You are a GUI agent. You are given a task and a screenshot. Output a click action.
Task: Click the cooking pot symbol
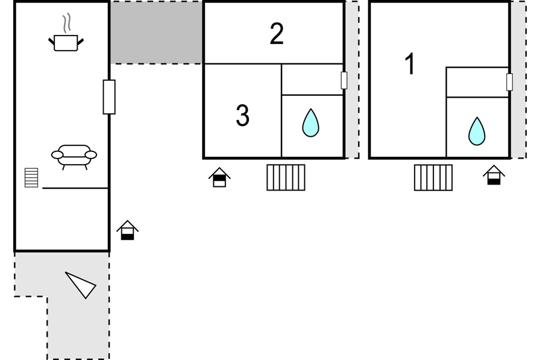(x=66, y=43)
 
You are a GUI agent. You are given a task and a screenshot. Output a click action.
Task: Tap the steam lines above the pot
(x=67, y=23)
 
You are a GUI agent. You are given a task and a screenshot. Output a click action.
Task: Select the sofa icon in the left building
(x=74, y=157)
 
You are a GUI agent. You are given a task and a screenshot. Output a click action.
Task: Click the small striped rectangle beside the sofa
(x=31, y=178)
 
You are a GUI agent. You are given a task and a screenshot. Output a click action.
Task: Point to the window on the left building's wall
(x=109, y=97)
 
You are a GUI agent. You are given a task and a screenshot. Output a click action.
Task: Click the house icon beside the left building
(x=127, y=230)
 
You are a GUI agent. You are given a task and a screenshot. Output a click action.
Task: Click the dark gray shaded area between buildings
(x=156, y=33)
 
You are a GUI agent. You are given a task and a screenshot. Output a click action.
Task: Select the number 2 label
(x=277, y=34)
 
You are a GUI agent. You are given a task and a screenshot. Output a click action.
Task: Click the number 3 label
(x=242, y=115)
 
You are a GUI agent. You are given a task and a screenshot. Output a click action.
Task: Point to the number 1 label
(x=409, y=64)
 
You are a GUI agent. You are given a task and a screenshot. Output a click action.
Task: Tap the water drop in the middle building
(x=310, y=123)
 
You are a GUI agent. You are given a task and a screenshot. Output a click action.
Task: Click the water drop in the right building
(x=477, y=131)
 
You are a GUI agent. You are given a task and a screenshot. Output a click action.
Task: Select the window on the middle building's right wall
(x=344, y=80)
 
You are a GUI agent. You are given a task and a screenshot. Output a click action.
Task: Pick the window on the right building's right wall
(x=510, y=82)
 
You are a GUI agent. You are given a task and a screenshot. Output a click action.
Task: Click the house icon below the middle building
(x=219, y=177)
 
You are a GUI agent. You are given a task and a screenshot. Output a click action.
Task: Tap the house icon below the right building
(x=494, y=175)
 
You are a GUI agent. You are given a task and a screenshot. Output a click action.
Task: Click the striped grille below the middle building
(x=286, y=177)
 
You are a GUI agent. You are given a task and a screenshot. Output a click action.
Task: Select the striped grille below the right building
(x=433, y=177)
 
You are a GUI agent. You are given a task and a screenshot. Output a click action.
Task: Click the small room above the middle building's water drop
(x=312, y=79)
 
